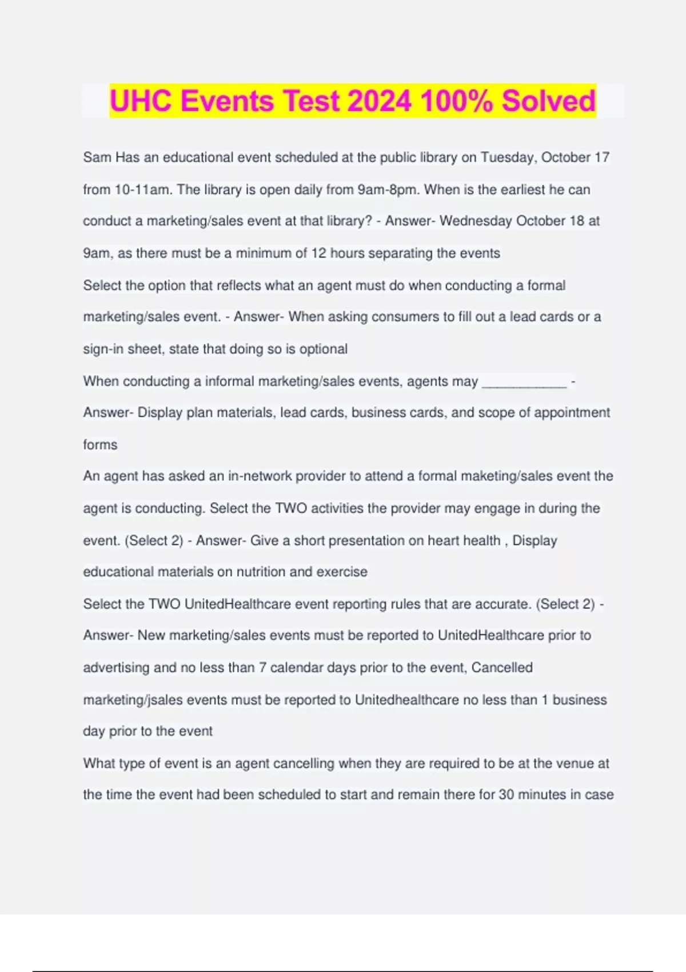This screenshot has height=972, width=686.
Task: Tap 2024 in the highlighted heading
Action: coord(379,101)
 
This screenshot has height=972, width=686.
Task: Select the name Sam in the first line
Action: coord(97,157)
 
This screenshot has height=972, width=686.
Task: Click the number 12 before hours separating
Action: coord(318,253)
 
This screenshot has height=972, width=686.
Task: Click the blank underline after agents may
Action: coord(524,381)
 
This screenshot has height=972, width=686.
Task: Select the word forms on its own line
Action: coord(100,445)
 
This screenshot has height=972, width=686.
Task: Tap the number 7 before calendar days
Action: coord(262,667)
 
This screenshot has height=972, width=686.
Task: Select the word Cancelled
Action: coord(502,667)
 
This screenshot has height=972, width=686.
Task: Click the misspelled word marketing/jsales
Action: coord(134,700)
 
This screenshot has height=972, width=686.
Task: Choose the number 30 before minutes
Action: coord(506,795)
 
